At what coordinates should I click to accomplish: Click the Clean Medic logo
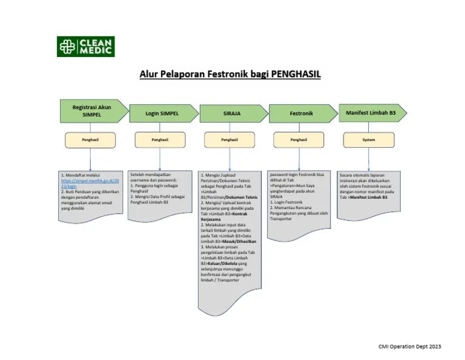85,47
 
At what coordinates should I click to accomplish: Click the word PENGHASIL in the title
295,75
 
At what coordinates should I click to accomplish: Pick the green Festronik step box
302,113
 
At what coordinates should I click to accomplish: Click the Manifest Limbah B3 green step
371,112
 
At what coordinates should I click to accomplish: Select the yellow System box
369,139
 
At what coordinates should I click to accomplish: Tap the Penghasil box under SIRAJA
229,139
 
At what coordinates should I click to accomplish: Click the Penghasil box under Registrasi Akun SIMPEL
90,139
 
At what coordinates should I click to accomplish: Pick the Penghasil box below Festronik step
299,139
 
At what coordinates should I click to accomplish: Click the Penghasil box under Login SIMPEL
160,139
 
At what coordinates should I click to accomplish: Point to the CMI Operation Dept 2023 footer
410,346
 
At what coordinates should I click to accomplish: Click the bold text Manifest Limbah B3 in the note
369,197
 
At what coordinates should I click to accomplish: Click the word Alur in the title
150,75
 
